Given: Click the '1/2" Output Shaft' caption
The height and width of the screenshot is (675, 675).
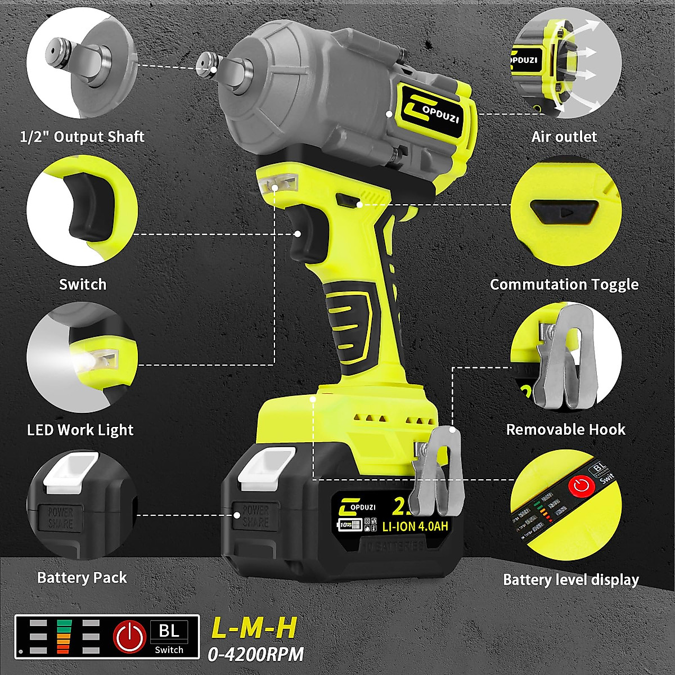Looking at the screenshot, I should click(82, 137).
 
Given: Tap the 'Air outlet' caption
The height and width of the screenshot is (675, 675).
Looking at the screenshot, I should click(564, 137).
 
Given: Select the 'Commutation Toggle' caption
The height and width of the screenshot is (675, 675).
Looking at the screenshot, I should click(564, 284).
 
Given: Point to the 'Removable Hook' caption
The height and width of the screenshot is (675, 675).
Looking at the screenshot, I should click(565, 430).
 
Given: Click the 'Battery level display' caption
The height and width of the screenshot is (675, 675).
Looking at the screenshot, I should click(571, 579).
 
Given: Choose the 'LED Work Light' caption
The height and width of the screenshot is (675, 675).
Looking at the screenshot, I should click(80, 430).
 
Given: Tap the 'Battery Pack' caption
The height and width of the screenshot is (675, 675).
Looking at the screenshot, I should click(82, 578).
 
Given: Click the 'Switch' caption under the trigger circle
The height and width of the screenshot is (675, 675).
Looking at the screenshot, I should click(83, 284).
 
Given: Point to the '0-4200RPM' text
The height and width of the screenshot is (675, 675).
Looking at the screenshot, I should click(256, 654).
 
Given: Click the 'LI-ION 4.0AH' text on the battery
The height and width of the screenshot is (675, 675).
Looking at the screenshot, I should click(415, 528).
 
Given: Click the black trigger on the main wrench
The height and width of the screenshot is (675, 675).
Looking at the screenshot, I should click(304, 236).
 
